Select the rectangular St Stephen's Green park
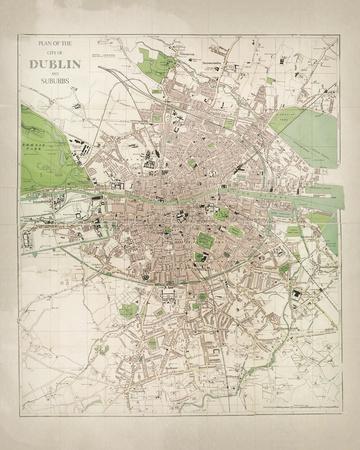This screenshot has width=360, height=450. [206, 241]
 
